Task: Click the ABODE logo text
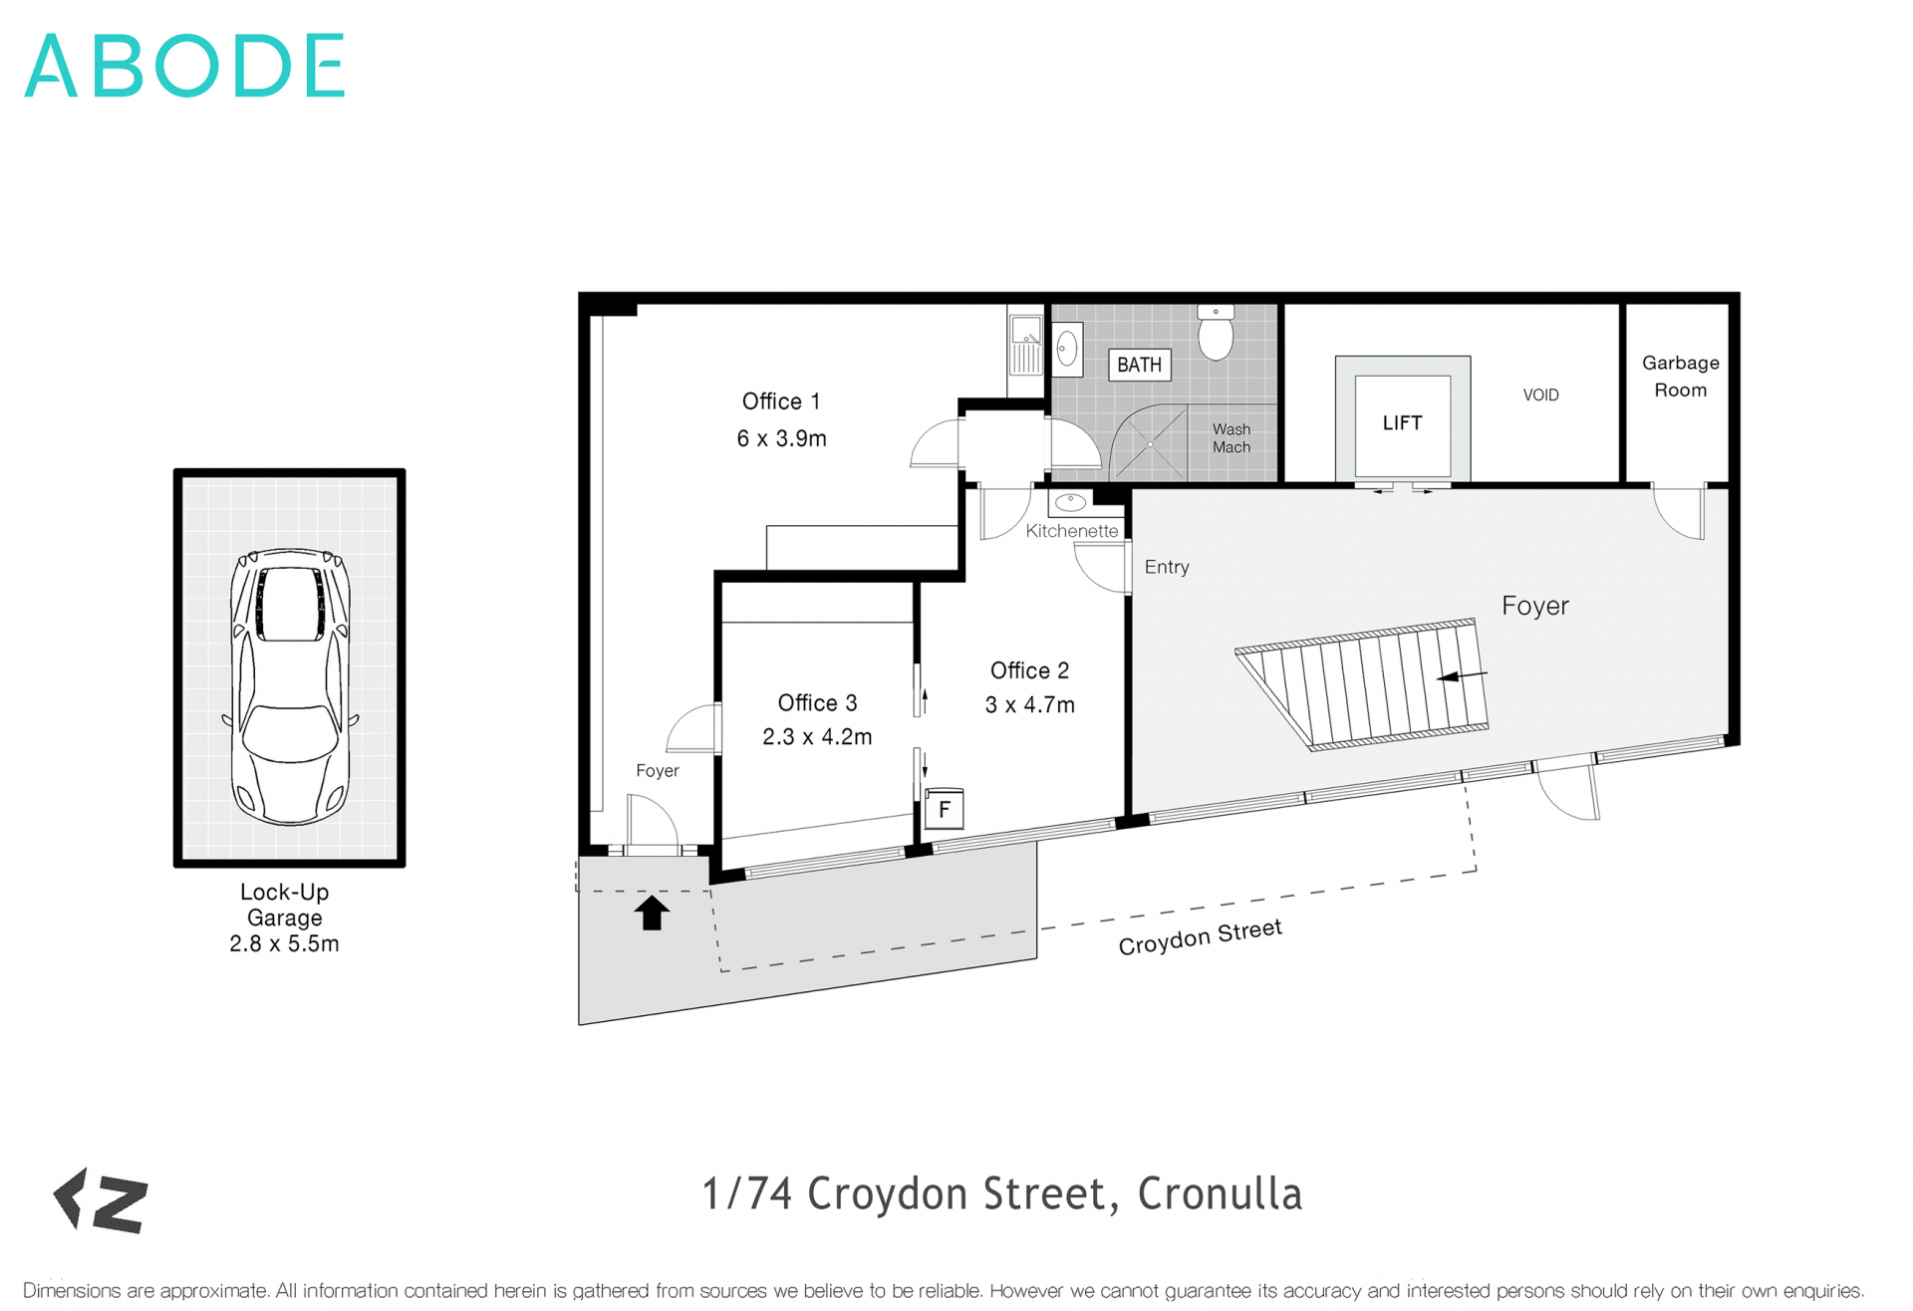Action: (185, 66)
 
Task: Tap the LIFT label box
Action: (1402, 423)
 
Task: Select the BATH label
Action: (1139, 365)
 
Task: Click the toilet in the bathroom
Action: (1216, 333)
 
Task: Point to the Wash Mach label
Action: (1231, 438)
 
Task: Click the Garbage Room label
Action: (1680, 377)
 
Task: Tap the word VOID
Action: (1540, 395)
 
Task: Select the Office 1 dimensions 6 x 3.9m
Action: (781, 438)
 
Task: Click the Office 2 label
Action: (1029, 670)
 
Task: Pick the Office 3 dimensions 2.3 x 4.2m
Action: (817, 737)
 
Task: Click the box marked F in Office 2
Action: (944, 809)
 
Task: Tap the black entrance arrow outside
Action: (652, 912)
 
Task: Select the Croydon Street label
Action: (1200, 936)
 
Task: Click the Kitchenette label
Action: (1071, 531)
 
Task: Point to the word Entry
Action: (1167, 567)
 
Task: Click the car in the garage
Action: (290, 687)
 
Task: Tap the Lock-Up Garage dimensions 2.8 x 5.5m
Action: (284, 943)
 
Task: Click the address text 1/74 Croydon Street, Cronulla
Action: (1001, 1193)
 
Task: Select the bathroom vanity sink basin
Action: (1067, 350)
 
